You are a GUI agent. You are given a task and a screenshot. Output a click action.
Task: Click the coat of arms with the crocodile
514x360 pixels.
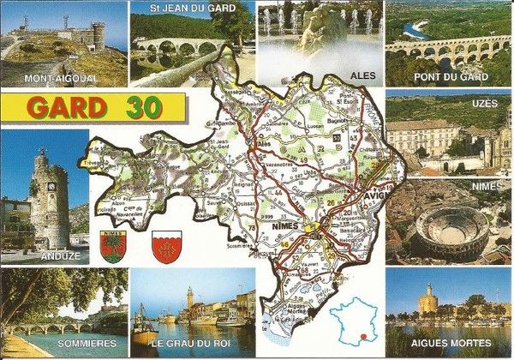pyautogui.click(x=111, y=248)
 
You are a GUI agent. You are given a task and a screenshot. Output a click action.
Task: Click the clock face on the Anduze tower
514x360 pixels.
pyautogui.click(x=51, y=185)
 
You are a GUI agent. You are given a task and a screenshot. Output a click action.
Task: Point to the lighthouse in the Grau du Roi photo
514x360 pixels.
pyautogui.click(x=189, y=297)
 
